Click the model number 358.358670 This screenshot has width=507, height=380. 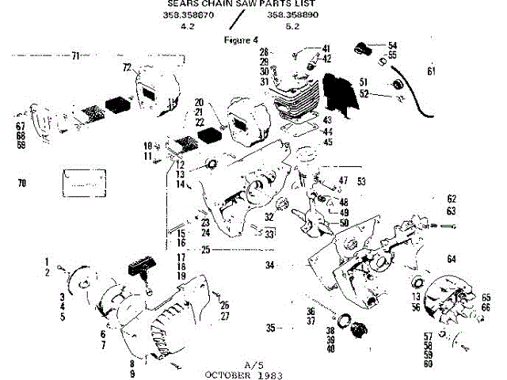click(x=188, y=15)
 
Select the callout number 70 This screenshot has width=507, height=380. click(x=21, y=183)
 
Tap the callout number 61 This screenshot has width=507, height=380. click(x=431, y=72)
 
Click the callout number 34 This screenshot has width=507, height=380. click(x=270, y=264)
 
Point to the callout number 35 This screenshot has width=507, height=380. click(x=270, y=326)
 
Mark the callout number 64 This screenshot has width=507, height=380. click(x=452, y=259)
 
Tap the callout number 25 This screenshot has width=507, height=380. click(x=205, y=250)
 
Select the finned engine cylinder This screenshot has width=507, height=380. click(x=293, y=102)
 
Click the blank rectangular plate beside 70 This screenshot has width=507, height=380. click(x=79, y=183)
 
